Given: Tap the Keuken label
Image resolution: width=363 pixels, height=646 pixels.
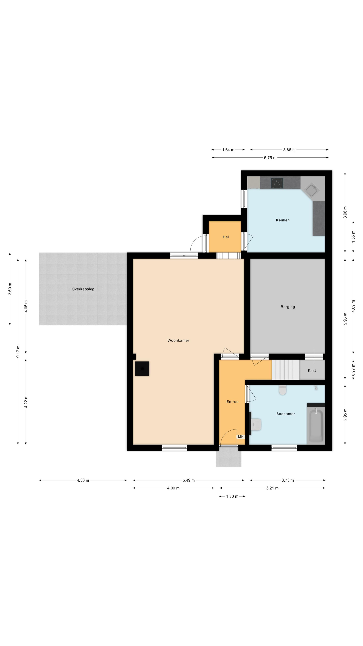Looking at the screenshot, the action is [283, 220].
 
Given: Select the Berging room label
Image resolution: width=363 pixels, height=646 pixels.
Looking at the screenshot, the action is [288, 307].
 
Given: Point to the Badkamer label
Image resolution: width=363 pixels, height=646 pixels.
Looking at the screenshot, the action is [285, 414].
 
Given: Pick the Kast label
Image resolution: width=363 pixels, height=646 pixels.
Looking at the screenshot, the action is [312, 370].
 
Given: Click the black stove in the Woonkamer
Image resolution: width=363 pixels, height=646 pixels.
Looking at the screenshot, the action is [142, 368].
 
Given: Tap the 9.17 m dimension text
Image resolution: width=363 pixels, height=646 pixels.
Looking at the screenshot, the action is [18, 352].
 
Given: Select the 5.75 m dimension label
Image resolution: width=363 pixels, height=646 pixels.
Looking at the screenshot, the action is [270, 158].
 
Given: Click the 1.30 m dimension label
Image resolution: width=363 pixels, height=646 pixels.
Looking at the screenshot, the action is [232, 496].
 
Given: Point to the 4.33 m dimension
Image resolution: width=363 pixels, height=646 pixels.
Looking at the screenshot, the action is [83, 480].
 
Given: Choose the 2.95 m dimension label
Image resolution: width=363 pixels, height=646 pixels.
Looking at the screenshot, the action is [345, 414].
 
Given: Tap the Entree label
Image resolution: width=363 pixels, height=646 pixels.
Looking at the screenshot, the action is [232, 401].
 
